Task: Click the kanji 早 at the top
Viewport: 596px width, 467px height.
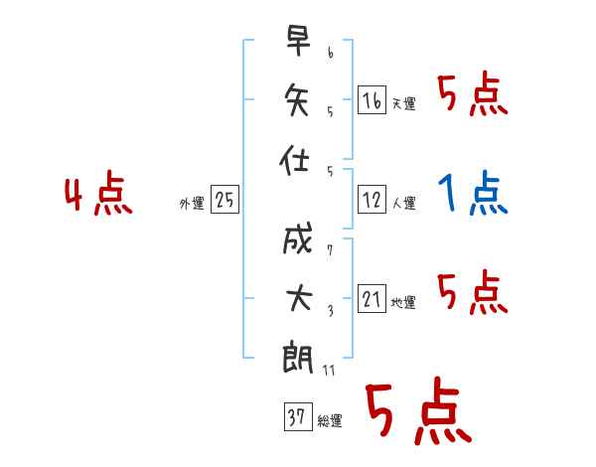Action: point(298,41)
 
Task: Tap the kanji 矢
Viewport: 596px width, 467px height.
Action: point(297,99)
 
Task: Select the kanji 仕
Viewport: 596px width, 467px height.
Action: point(294,160)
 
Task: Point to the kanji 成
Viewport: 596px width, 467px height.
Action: point(298,238)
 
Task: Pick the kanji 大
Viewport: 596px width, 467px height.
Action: point(299,298)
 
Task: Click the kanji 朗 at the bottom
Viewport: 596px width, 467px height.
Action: point(298,359)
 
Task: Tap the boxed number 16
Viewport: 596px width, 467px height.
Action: point(372,99)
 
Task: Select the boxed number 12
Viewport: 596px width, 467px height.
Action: point(372,199)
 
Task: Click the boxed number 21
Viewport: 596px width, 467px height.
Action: point(372,298)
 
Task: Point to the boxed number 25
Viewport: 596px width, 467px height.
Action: point(225,199)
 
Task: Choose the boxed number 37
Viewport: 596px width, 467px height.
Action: point(298,416)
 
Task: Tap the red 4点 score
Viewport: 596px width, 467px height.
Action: point(98,193)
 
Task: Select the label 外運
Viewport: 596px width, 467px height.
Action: point(192,204)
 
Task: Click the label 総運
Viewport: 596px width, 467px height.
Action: point(330,421)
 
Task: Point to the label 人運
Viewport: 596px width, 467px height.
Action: point(404,204)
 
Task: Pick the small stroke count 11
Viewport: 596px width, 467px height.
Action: point(329,370)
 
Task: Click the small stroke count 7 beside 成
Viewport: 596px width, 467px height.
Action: point(330,250)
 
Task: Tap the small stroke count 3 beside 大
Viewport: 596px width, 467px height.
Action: point(331,311)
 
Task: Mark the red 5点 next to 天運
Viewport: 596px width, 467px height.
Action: point(473,93)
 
